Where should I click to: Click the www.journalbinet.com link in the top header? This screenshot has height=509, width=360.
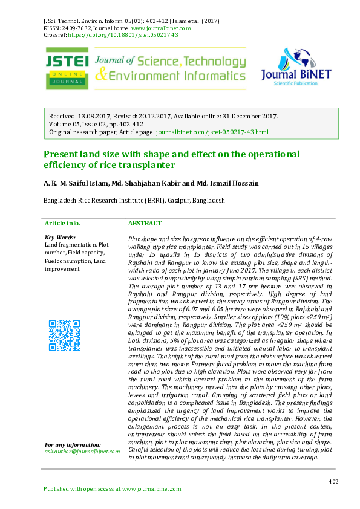tap(161, 28)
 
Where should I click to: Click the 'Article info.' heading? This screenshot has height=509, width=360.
tap(63, 223)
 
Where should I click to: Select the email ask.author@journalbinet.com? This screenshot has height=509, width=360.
tap(82, 451)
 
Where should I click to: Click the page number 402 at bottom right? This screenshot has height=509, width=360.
tap(333, 481)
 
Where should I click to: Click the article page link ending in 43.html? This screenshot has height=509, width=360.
tap(221, 131)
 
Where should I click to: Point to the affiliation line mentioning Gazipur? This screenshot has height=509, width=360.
tap(134, 200)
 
